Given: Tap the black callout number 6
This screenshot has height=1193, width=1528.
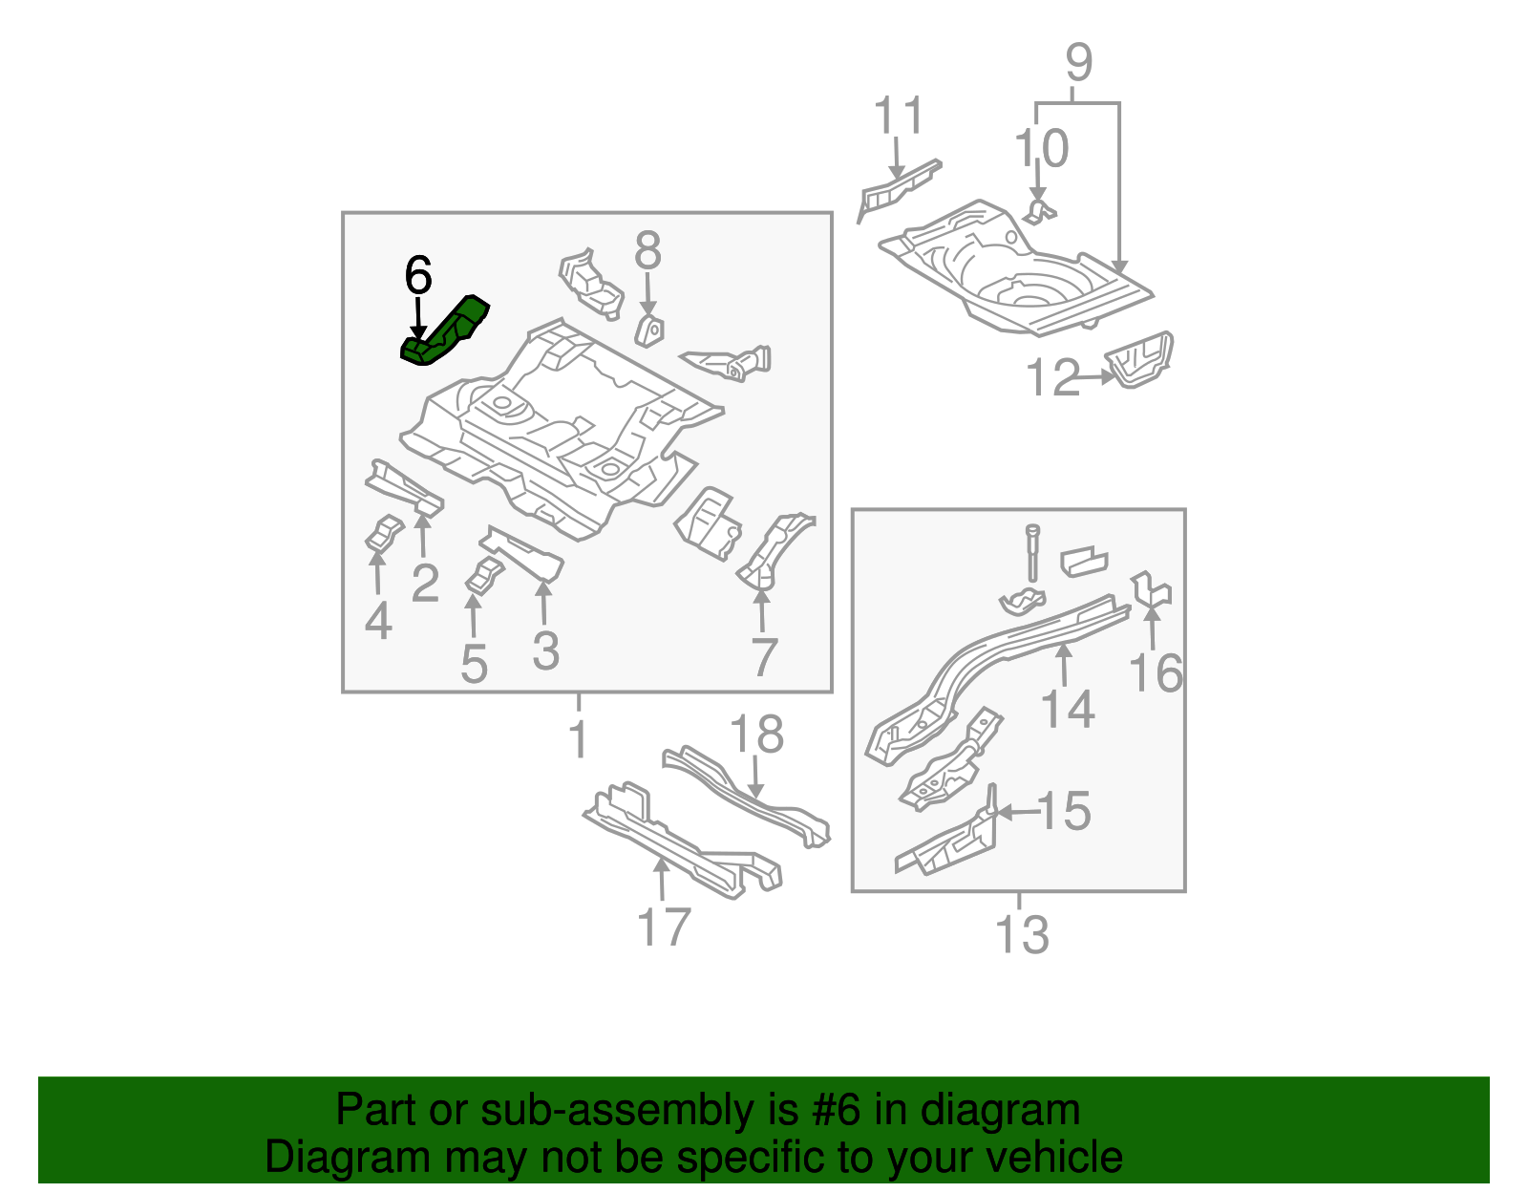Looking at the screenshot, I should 418,276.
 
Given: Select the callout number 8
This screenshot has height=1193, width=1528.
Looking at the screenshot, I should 647,252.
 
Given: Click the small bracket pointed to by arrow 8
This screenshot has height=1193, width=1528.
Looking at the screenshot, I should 650,330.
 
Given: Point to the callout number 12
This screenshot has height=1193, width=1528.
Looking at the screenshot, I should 1052,378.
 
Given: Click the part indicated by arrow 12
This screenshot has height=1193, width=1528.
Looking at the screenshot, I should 1140,360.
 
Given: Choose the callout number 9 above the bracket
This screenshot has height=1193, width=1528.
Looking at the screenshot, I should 1078,63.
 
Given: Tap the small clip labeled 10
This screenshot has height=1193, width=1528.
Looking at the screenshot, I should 1039,210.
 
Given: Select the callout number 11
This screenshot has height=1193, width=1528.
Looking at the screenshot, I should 899,116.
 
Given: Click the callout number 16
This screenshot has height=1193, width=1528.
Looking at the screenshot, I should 1156,672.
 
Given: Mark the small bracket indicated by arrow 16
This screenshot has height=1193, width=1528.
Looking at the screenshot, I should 1152,591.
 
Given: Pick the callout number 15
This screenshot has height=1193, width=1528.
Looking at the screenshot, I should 1063,811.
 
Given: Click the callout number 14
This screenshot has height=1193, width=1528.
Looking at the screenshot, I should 1067,709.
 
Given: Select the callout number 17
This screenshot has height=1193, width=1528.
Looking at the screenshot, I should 664,927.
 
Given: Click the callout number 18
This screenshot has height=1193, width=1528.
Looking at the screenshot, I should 756,735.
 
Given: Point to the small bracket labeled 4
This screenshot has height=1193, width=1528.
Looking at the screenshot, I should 384,535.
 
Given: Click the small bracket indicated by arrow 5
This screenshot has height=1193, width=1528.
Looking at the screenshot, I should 484,576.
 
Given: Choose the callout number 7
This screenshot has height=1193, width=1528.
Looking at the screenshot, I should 764,657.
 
